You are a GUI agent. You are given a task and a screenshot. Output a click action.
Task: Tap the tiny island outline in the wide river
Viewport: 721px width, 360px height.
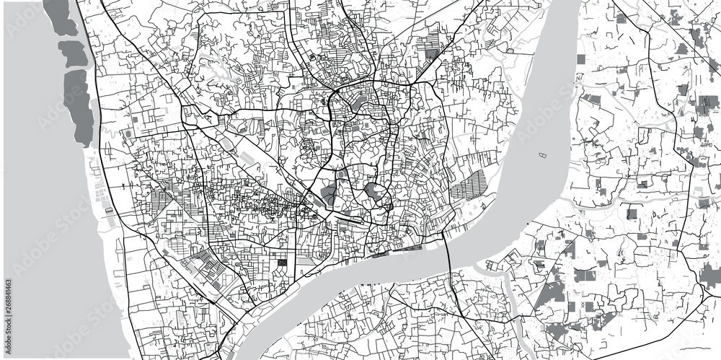point(541,153)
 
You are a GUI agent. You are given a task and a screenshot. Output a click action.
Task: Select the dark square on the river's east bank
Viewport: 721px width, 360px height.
point(632,214)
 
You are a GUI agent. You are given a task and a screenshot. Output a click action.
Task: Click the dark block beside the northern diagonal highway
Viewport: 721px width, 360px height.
point(432,52)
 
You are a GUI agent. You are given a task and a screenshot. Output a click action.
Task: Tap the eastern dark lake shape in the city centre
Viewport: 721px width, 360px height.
point(373,192)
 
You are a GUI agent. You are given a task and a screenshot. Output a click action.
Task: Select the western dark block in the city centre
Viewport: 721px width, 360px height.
point(328,193)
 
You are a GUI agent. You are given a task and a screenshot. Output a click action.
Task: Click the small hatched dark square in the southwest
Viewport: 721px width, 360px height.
point(282,263)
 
